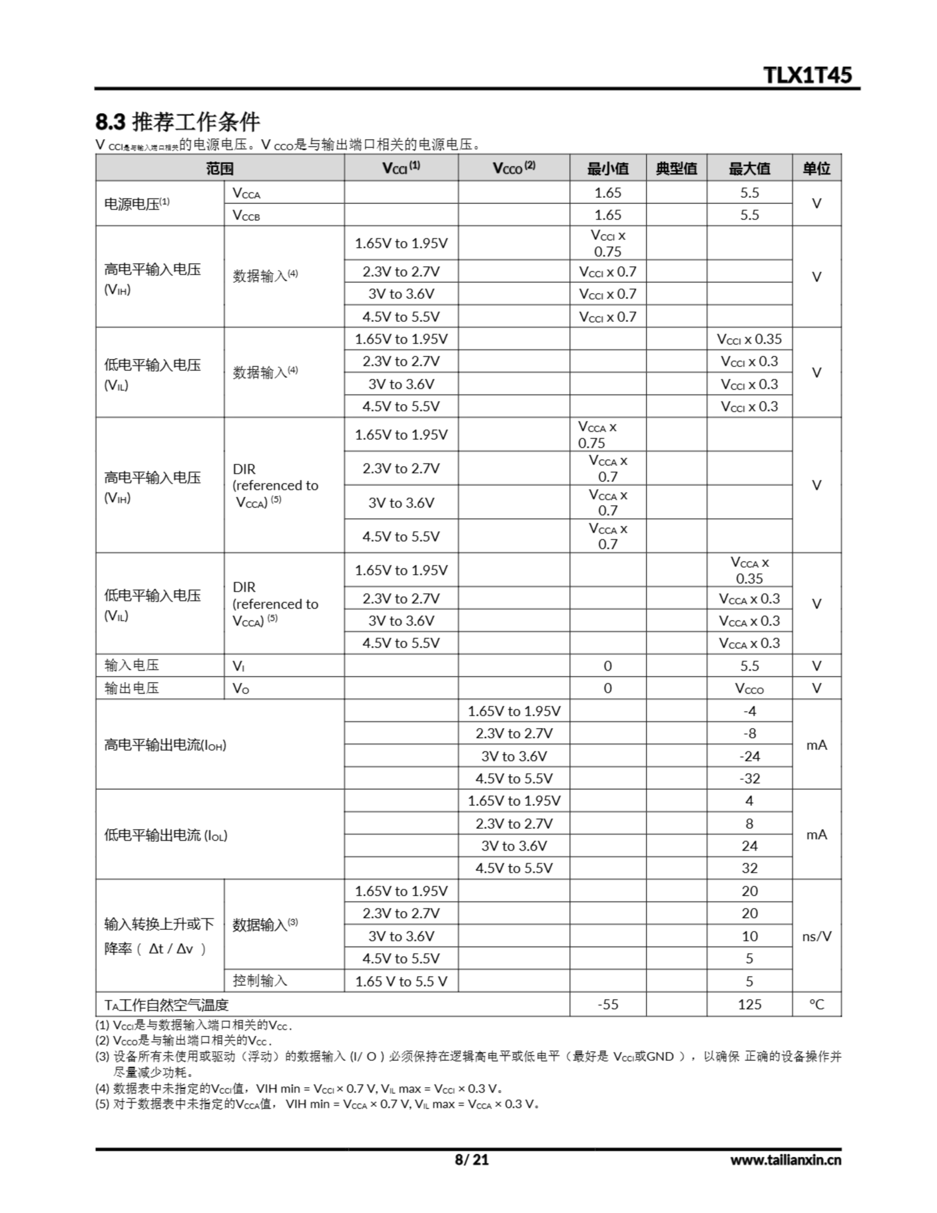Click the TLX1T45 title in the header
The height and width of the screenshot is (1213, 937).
(807, 75)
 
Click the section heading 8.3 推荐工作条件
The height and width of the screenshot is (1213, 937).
(177, 122)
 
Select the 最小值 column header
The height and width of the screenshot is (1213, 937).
(608, 168)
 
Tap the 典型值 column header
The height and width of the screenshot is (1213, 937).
(676, 168)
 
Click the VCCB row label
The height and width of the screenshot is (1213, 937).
(246, 215)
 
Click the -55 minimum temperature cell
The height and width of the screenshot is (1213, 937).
(608, 1004)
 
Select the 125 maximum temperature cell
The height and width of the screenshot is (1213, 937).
(749, 1004)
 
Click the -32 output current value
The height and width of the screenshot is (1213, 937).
(749, 778)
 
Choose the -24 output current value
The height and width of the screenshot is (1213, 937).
(749, 756)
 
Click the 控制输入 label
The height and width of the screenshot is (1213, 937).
(260, 980)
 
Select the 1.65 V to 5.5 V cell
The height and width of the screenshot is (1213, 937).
(401, 981)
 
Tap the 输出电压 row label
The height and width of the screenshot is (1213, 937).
(132, 688)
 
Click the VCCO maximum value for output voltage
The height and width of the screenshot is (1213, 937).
(749, 688)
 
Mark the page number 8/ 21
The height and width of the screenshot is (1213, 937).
(471, 1159)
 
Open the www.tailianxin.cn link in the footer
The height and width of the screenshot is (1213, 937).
(785, 1159)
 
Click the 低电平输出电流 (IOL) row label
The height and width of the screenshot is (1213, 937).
(165, 835)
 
